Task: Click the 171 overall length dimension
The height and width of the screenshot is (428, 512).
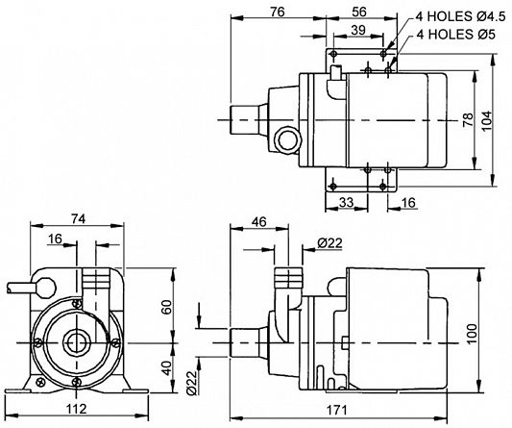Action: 336,410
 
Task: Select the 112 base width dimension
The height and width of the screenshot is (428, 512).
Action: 77,408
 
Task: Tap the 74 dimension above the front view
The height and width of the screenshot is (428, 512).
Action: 79,218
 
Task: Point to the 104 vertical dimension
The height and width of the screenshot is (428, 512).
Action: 487,120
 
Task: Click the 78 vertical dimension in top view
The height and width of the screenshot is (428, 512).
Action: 468,119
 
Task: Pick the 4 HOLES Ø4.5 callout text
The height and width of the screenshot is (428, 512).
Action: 460,16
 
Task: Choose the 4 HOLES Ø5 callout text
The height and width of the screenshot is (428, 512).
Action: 456,34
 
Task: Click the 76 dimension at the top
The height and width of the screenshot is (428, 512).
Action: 278,13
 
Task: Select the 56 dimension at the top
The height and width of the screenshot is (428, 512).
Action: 359,13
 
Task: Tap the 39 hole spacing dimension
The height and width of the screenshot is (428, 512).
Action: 358,30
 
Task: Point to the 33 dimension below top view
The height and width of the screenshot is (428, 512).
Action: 346,202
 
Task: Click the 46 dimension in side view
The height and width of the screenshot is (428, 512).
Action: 259,222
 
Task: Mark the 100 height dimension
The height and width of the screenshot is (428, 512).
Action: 472,334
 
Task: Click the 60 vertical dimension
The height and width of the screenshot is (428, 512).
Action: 166,307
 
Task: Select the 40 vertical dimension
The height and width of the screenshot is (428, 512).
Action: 166,367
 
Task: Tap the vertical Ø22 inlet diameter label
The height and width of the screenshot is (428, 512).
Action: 193,383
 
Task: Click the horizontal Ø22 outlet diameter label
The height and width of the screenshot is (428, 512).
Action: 329,243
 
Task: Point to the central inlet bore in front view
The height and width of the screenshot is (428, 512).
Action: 77,343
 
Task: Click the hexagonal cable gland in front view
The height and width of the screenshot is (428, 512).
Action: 45,288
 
